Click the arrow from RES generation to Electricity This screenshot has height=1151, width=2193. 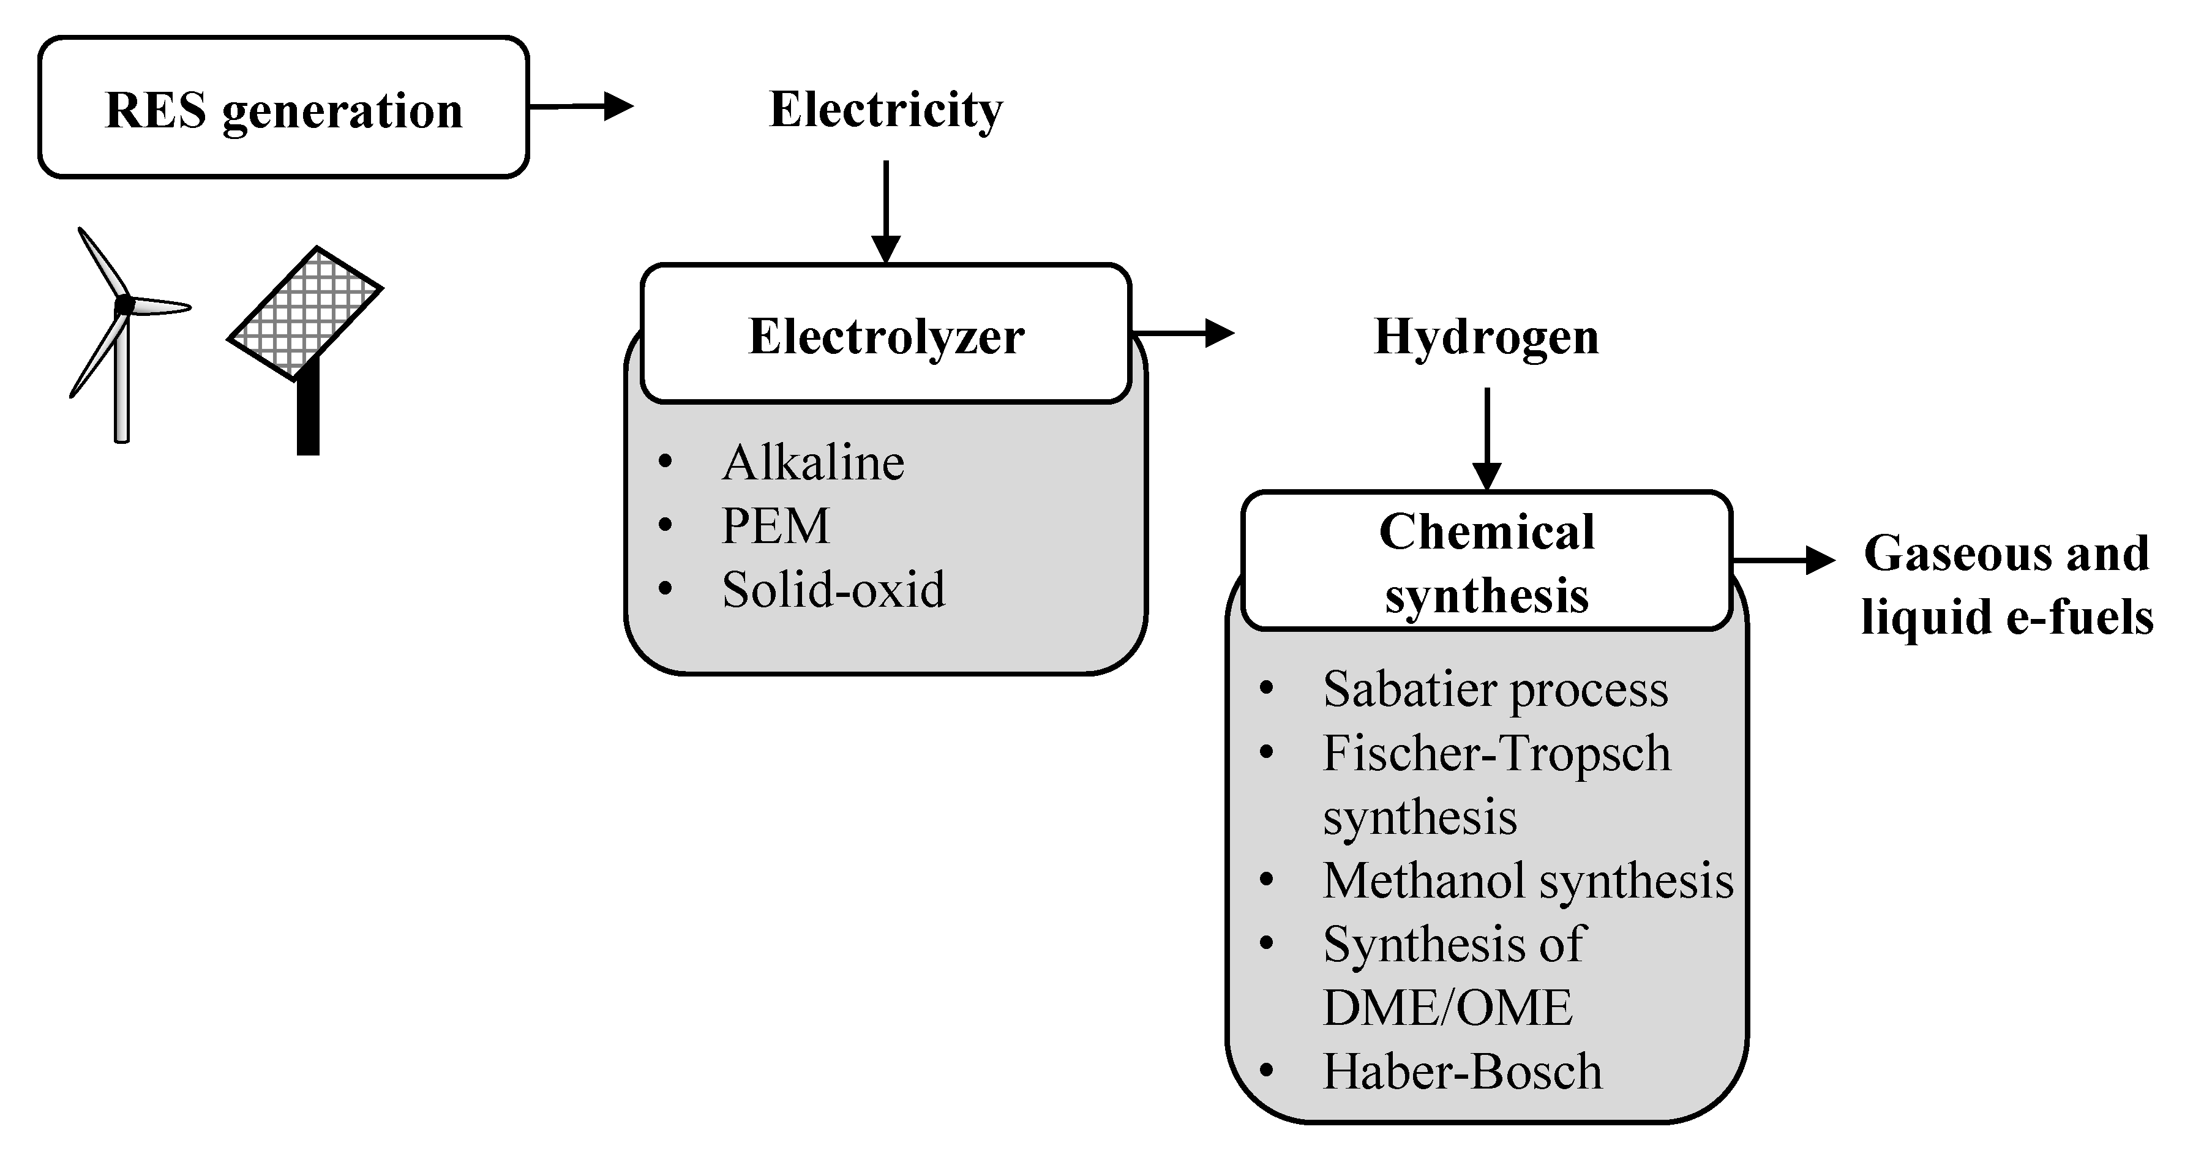pos(582,107)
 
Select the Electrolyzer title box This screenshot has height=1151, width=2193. pos(885,334)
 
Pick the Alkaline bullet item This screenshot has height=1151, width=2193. pos(812,463)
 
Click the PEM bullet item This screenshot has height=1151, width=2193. pos(774,526)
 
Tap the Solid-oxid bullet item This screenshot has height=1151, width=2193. pos(833,589)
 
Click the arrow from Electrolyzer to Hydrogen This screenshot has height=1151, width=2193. pos(1184,333)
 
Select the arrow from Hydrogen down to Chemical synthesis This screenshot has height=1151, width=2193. pos(1486,438)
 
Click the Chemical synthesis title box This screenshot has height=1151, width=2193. pos(1486,562)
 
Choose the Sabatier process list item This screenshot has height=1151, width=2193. pos(1495,689)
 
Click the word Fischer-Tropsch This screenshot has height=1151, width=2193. pos(1496,754)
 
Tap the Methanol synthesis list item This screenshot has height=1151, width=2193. pos(1528,880)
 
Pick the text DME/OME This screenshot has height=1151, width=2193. pos(1447,1008)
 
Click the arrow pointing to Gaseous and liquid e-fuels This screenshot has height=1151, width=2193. pos(1783,560)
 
